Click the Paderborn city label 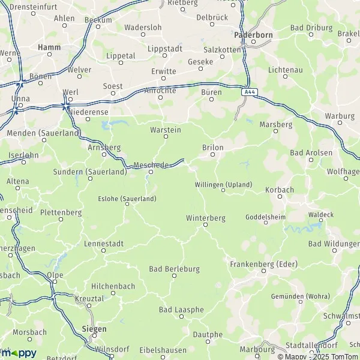pos(253,35)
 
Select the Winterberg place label pos(205,218)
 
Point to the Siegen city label pos(94,329)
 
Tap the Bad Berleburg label pos(175,268)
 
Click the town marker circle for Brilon pos(212,155)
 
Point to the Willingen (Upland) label pos(223,184)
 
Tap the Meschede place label pos(151,164)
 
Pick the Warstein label pos(166,129)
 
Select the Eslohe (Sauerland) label pos(127,198)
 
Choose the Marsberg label pos(275,125)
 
